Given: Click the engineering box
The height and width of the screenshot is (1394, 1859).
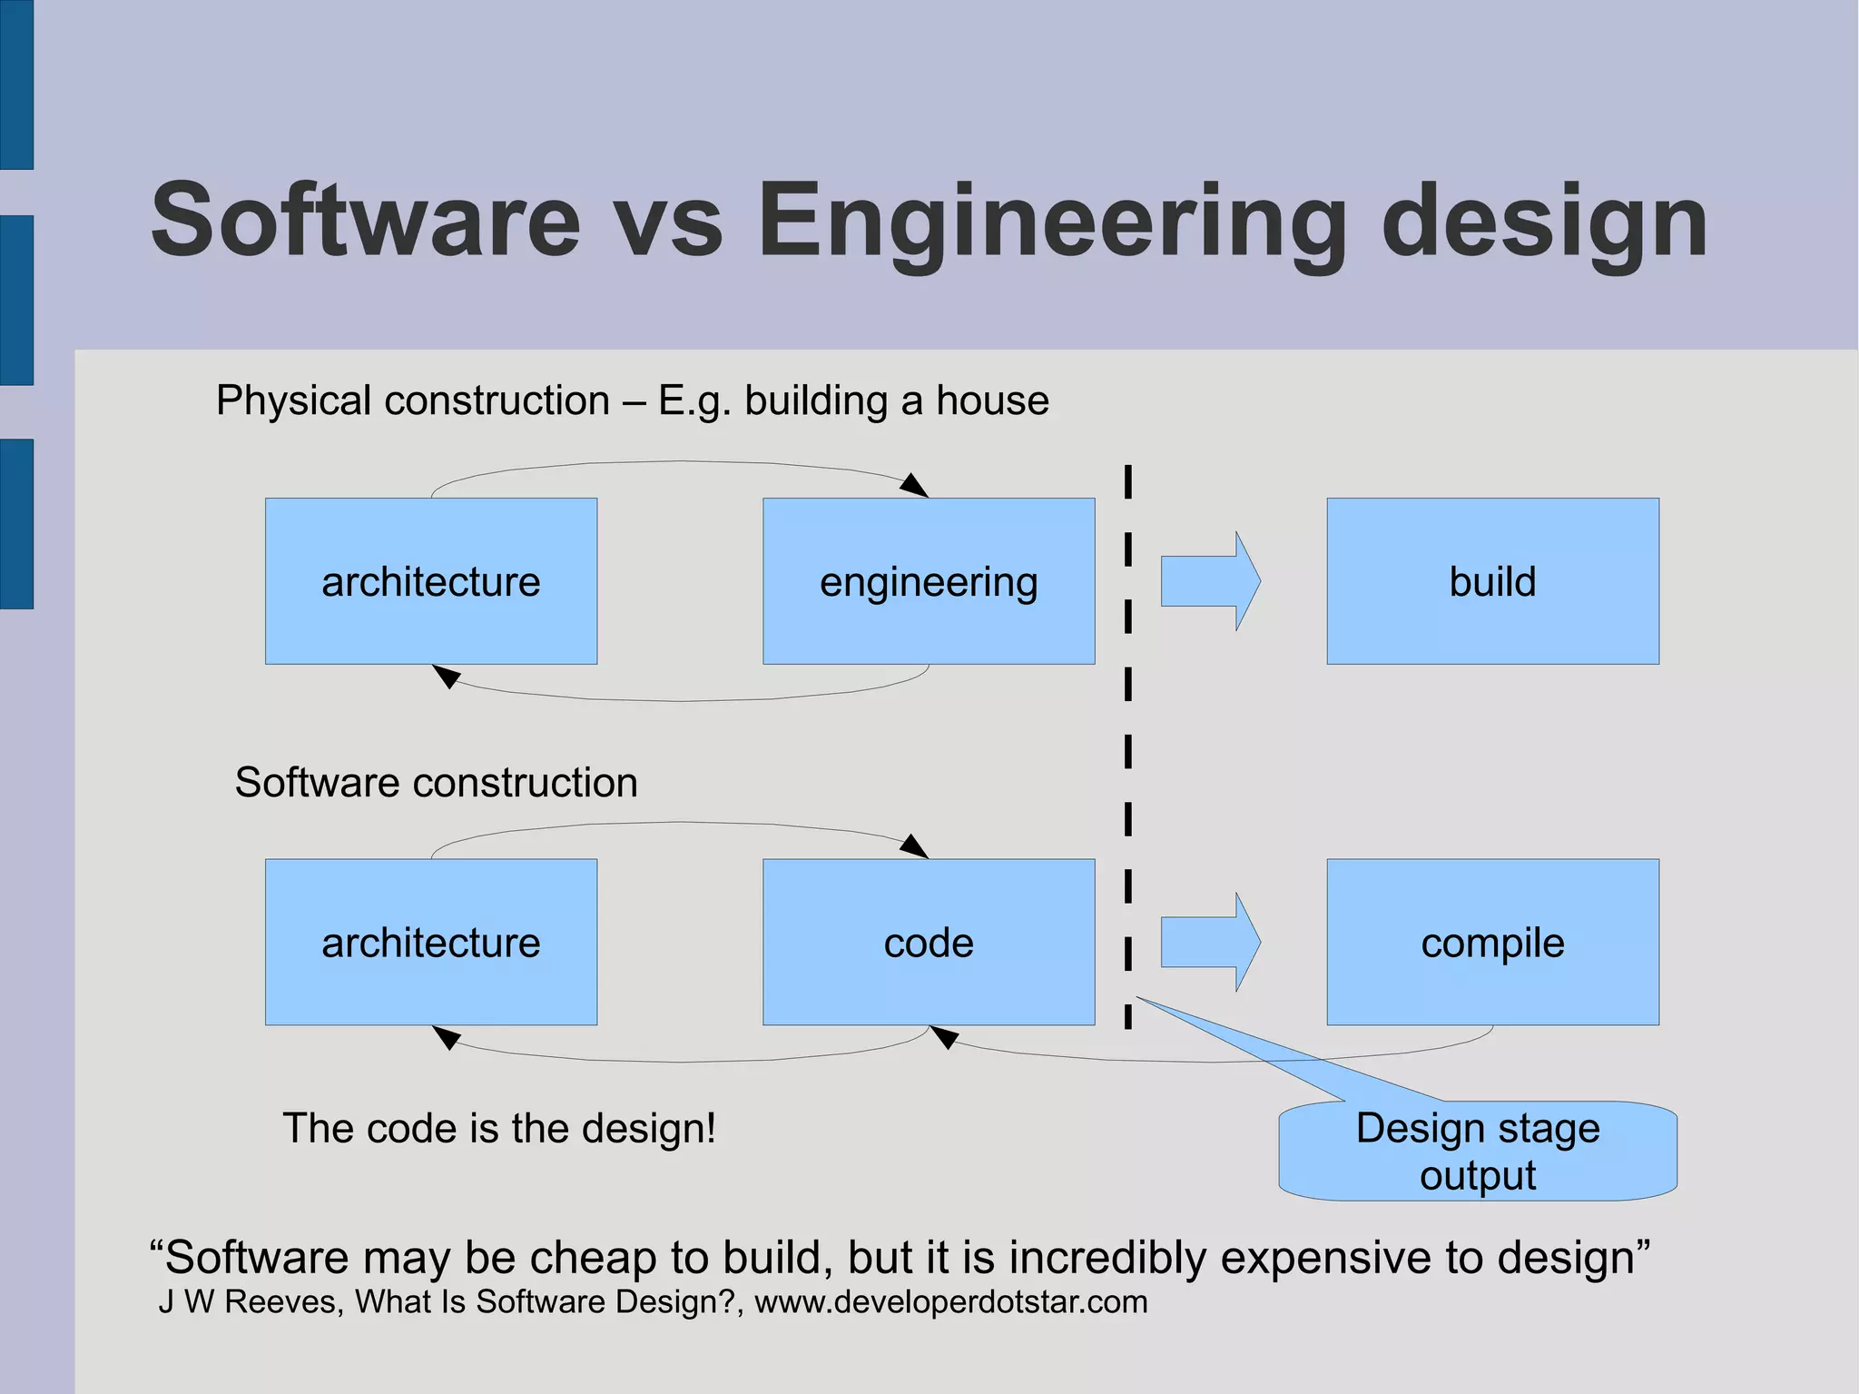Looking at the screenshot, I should coord(929,581).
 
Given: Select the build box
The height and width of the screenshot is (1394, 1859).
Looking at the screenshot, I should coord(1492,581).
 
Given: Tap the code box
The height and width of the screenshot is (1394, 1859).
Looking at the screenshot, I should coord(929,942).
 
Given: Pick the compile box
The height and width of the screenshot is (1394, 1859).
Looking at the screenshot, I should coord(1492,942).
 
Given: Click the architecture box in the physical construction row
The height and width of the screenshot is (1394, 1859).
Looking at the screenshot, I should coord(431,581).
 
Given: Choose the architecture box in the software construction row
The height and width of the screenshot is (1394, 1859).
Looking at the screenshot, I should coord(431,942).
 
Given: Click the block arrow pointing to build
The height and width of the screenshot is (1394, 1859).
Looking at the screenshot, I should coord(1210,581).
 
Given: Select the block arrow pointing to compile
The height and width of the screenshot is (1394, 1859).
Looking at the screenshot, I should coord(1210,942).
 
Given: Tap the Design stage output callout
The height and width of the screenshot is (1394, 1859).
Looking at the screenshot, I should coord(1478,1151).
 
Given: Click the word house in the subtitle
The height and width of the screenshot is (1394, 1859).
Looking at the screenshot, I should coord(992,400).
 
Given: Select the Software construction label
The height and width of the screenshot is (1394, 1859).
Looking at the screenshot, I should coord(436,783).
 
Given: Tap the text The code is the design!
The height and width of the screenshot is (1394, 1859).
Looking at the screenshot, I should coord(499,1128).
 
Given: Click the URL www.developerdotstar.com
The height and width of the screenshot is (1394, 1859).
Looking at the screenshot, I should coord(950,1302).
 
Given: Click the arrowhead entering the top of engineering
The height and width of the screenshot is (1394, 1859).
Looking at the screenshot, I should coord(915,486).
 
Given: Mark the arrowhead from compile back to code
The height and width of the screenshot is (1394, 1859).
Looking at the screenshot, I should coord(944,1036).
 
